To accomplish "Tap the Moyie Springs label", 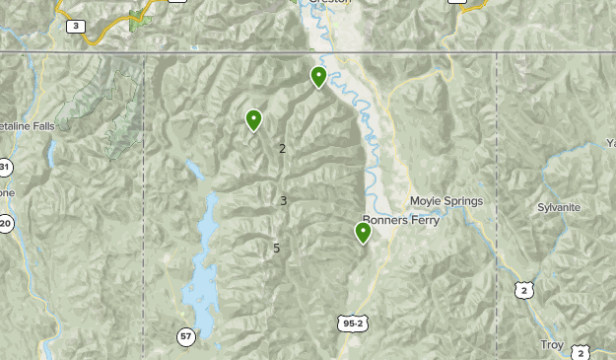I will pyautogui.click(x=446, y=201).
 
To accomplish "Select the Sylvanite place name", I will pyautogui.click(x=559, y=207).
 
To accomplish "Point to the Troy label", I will pyautogui.click(x=551, y=344).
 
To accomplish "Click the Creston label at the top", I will pyautogui.click(x=330, y=3).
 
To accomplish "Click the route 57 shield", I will pyautogui.click(x=186, y=337).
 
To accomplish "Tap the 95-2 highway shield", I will pyautogui.click(x=352, y=324).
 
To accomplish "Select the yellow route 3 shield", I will pyautogui.click(x=77, y=26).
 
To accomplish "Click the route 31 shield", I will pyautogui.click(x=5, y=166).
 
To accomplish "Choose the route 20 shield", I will pyautogui.click(x=5, y=224).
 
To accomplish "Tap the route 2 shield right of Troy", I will pyautogui.click(x=582, y=352).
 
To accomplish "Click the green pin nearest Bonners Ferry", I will pyautogui.click(x=363, y=233).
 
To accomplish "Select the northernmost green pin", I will pyautogui.click(x=318, y=77).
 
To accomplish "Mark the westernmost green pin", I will pyautogui.click(x=254, y=120).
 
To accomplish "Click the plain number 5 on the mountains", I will pyautogui.click(x=277, y=248).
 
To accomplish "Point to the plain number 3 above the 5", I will pyautogui.click(x=283, y=200).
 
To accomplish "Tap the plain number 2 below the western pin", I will pyautogui.click(x=282, y=149).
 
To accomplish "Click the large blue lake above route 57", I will pyautogui.click(x=202, y=271).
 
